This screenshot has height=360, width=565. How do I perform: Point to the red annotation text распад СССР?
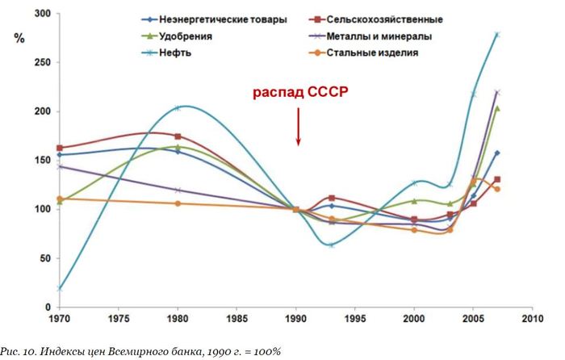pyautogui.click(x=299, y=92)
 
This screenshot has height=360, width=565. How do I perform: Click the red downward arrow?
pyautogui.click(x=299, y=128)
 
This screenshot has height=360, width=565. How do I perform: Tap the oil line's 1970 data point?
pyautogui.click(x=60, y=288)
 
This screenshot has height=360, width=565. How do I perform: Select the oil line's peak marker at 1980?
pyautogui.click(x=178, y=108)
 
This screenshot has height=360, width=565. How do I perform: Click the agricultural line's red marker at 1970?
pyautogui.click(x=60, y=148)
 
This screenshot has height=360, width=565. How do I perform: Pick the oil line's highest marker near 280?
pyautogui.click(x=497, y=35)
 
